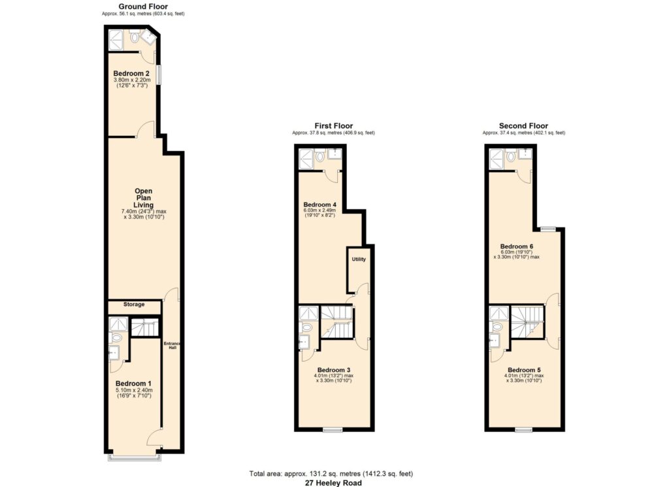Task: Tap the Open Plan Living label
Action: click(143, 198)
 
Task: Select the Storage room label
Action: click(134, 305)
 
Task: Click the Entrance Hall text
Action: click(172, 346)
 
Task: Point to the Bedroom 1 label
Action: click(133, 384)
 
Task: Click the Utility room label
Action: click(359, 259)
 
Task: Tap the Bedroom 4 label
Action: click(319, 205)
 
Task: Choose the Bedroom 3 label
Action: click(334, 369)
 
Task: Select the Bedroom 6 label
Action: click(517, 246)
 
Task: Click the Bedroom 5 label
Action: click(524, 369)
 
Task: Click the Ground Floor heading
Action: click(143, 7)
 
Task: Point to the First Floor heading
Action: click(334, 126)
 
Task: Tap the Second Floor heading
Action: click(523, 126)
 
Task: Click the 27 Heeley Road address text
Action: click(333, 483)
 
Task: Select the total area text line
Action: click(331, 473)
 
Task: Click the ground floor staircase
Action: click(144, 327)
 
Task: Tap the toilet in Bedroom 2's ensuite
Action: click(135, 37)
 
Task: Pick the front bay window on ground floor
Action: click(135, 458)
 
